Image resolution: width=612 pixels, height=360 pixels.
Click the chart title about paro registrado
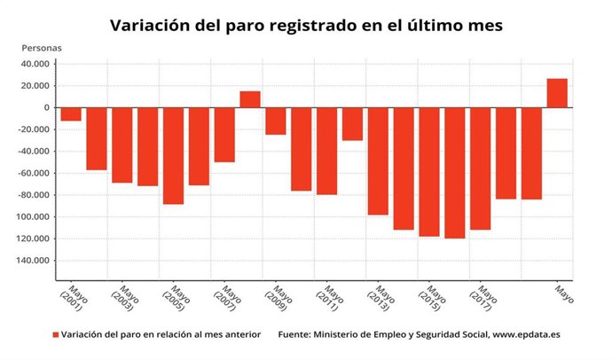tap(306, 26)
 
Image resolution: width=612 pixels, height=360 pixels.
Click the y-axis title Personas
tap(42, 47)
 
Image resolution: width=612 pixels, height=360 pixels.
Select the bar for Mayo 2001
tap(71, 114)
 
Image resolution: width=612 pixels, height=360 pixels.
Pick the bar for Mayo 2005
tap(173, 155)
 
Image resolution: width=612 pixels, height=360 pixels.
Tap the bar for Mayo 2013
tap(379, 160)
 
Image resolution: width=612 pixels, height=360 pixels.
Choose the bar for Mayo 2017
tap(481, 168)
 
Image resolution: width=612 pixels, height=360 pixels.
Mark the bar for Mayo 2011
tap(327, 151)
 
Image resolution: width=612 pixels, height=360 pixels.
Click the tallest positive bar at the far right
tap(557, 93)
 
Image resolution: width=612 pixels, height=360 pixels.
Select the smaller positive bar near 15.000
tap(250, 99)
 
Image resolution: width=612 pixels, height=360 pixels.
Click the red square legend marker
tap(55, 335)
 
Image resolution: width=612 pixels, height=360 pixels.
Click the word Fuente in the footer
tap(296, 335)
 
